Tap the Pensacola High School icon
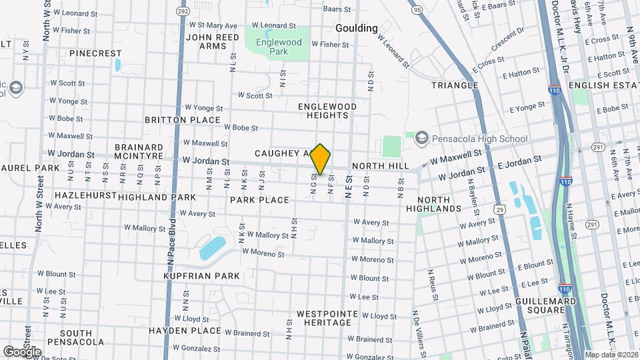421,138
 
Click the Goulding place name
356,28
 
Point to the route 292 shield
183,11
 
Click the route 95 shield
417,10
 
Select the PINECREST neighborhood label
95,53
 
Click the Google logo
22,351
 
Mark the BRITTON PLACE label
183,120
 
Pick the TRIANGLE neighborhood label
455,85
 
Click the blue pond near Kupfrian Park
213,248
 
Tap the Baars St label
337,9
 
